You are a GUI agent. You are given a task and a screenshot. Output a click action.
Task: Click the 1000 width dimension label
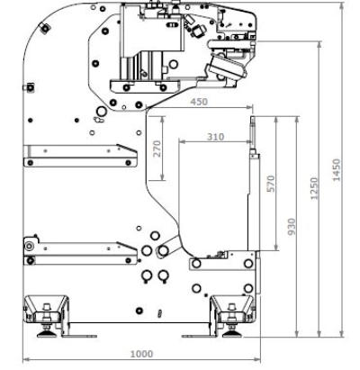click(141, 354)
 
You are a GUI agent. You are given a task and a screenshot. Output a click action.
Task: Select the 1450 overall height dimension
click(337, 170)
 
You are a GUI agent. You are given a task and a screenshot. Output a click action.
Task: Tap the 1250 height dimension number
click(314, 188)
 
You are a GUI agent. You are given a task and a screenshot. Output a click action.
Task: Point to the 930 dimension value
click(292, 227)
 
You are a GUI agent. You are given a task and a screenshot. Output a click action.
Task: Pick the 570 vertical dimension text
click(271, 184)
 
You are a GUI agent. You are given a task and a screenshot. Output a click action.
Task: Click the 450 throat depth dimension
click(199, 102)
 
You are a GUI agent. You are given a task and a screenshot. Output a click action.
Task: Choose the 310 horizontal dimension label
click(216, 137)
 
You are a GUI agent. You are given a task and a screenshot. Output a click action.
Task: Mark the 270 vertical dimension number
click(157, 149)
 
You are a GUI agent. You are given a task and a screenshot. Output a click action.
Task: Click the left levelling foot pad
click(47, 334)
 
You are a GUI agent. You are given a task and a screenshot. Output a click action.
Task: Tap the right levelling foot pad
click(232, 334)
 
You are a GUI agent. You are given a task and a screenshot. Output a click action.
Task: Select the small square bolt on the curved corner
click(44, 29)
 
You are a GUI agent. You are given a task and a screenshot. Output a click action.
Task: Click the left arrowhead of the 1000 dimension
click(26, 359)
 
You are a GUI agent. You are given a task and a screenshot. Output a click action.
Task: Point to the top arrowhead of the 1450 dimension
click(342, 6)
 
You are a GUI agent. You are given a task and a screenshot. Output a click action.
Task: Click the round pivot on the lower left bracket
click(29, 247)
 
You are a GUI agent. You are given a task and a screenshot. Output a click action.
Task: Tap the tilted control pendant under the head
click(227, 68)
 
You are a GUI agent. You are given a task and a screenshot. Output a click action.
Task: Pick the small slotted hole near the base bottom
click(160, 313)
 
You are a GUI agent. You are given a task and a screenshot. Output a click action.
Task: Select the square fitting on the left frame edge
click(30, 87)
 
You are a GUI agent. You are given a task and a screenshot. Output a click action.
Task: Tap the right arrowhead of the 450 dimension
click(249, 107)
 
